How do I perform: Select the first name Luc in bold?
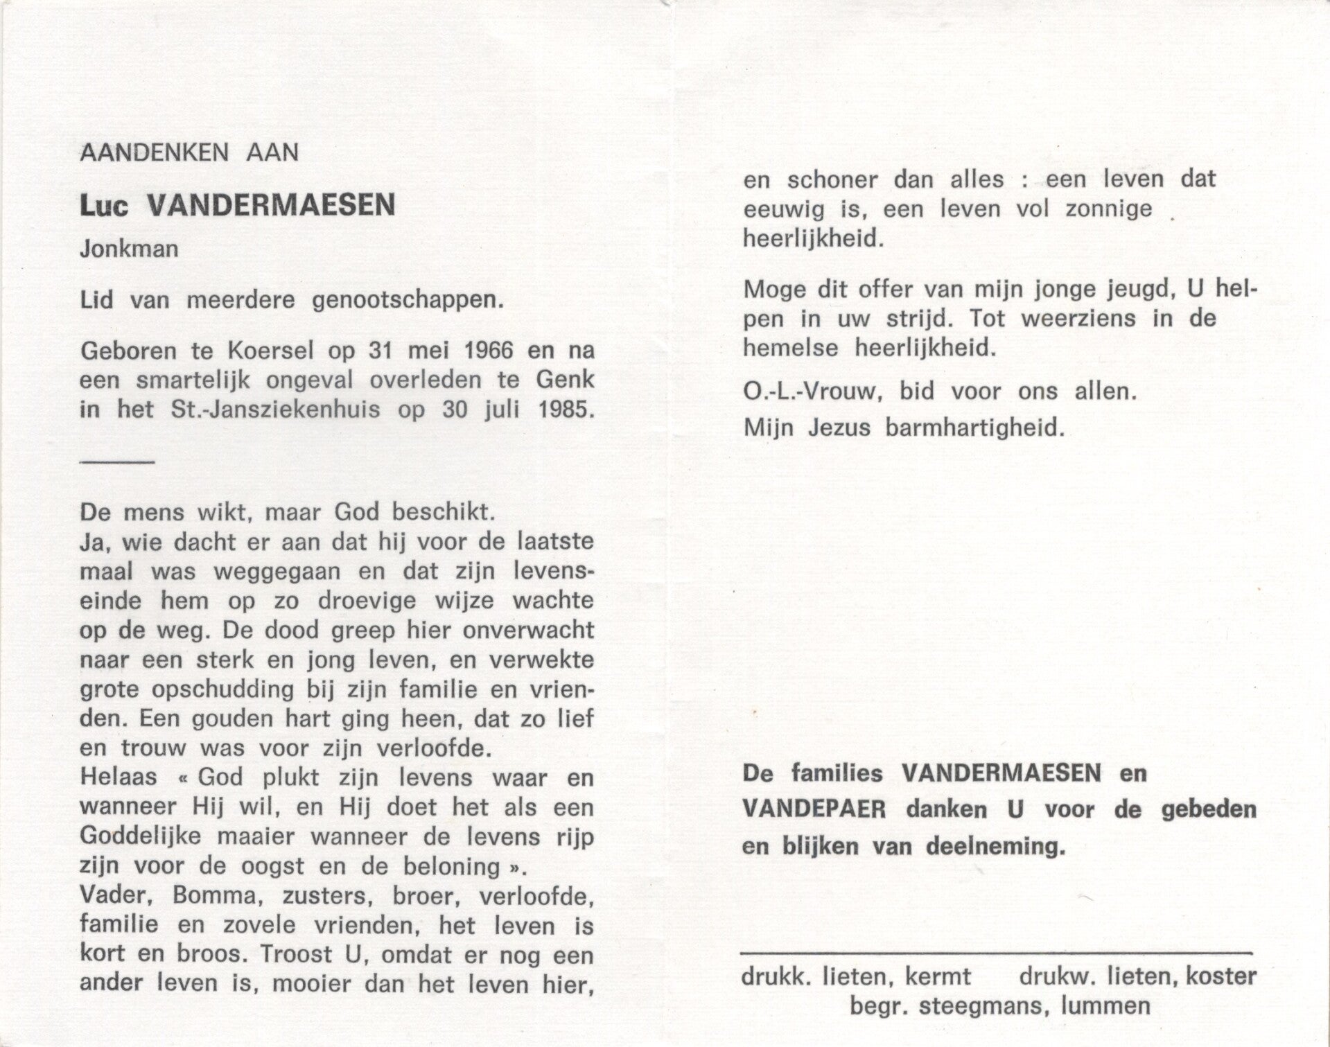(x=104, y=206)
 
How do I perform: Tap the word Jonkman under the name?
(x=129, y=248)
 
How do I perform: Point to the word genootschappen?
(x=408, y=301)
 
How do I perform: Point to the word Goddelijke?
(x=141, y=837)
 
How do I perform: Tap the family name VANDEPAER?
(x=814, y=810)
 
